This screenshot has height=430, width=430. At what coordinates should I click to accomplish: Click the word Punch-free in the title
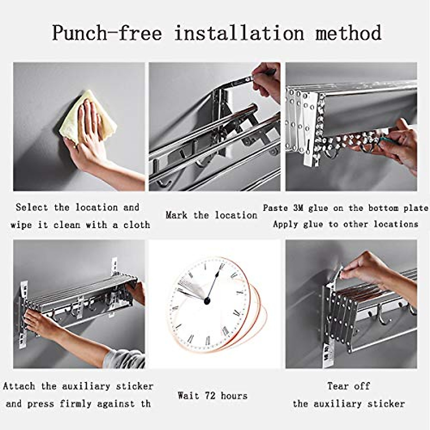tap(107, 33)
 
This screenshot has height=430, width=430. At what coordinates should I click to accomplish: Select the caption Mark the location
tap(211, 215)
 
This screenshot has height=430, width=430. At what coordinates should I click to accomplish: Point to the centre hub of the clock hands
tap(207, 301)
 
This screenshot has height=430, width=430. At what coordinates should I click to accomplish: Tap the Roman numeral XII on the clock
tap(221, 266)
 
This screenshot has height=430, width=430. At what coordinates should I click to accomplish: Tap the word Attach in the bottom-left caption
tap(19, 386)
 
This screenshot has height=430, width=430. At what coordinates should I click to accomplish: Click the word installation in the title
tap(239, 33)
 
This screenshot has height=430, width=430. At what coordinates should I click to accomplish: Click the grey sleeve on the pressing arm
tap(124, 358)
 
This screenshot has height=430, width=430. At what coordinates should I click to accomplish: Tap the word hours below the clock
tap(234, 396)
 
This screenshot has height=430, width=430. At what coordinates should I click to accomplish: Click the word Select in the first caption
tap(32, 207)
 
